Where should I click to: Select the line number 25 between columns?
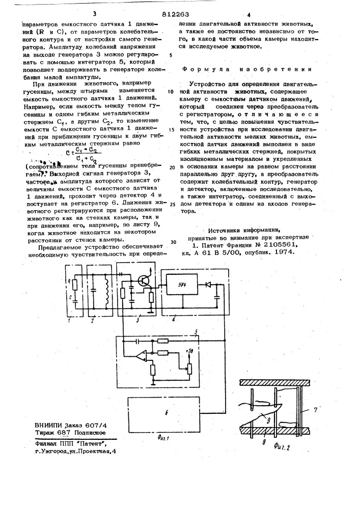(172, 205)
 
